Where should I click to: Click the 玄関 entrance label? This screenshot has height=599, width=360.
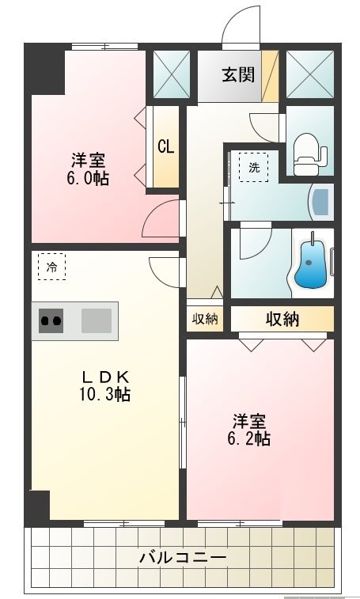(x=237, y=75)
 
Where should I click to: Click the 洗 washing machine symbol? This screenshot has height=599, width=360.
(x=254, y=167)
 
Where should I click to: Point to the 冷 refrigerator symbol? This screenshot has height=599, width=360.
(x=51, y=267)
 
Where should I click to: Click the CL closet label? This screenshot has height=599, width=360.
(x=165, y=146)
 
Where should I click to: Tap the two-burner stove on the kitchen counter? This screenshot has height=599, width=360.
(x=51, y=320)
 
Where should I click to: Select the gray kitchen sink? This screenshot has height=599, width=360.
(x=97, y=320)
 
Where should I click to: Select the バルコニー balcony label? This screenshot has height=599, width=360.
(x=184, y=557)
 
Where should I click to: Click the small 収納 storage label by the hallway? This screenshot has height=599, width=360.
(x=205, y=319)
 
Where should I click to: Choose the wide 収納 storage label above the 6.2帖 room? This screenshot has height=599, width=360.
(x=282, y=319)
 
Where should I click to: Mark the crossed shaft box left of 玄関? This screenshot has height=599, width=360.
(x=172, y=74)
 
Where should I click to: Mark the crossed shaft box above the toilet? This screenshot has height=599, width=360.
(x=308, y=74)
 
